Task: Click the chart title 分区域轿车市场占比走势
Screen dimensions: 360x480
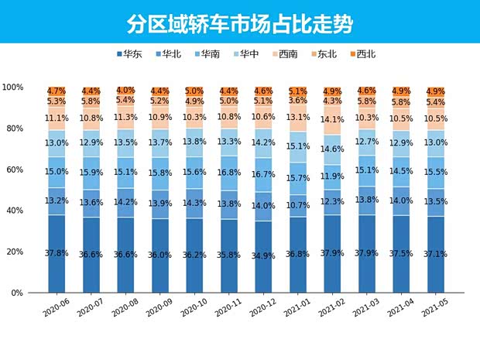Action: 240,23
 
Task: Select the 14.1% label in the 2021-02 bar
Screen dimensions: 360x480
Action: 333,120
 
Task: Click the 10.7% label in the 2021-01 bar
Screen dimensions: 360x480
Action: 298,205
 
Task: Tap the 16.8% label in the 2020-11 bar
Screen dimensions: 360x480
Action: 229,173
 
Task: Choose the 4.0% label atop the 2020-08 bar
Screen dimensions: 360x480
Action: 125,91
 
